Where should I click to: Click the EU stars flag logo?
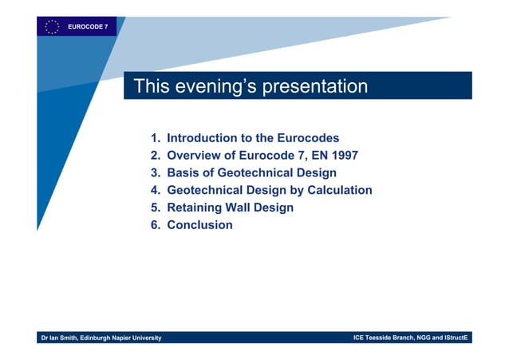click(51, 26)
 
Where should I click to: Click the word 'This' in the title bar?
click(149, 86)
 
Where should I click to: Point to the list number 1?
click(155, 138)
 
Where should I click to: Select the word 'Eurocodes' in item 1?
click(310, 138)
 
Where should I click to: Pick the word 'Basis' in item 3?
click(183, 173)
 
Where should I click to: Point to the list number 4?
click(155, 190)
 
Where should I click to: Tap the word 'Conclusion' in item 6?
click(199, 225)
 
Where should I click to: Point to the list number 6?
click(155, 225)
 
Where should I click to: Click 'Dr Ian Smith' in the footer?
click(63, 338)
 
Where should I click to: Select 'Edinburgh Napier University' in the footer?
click(124, 338)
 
